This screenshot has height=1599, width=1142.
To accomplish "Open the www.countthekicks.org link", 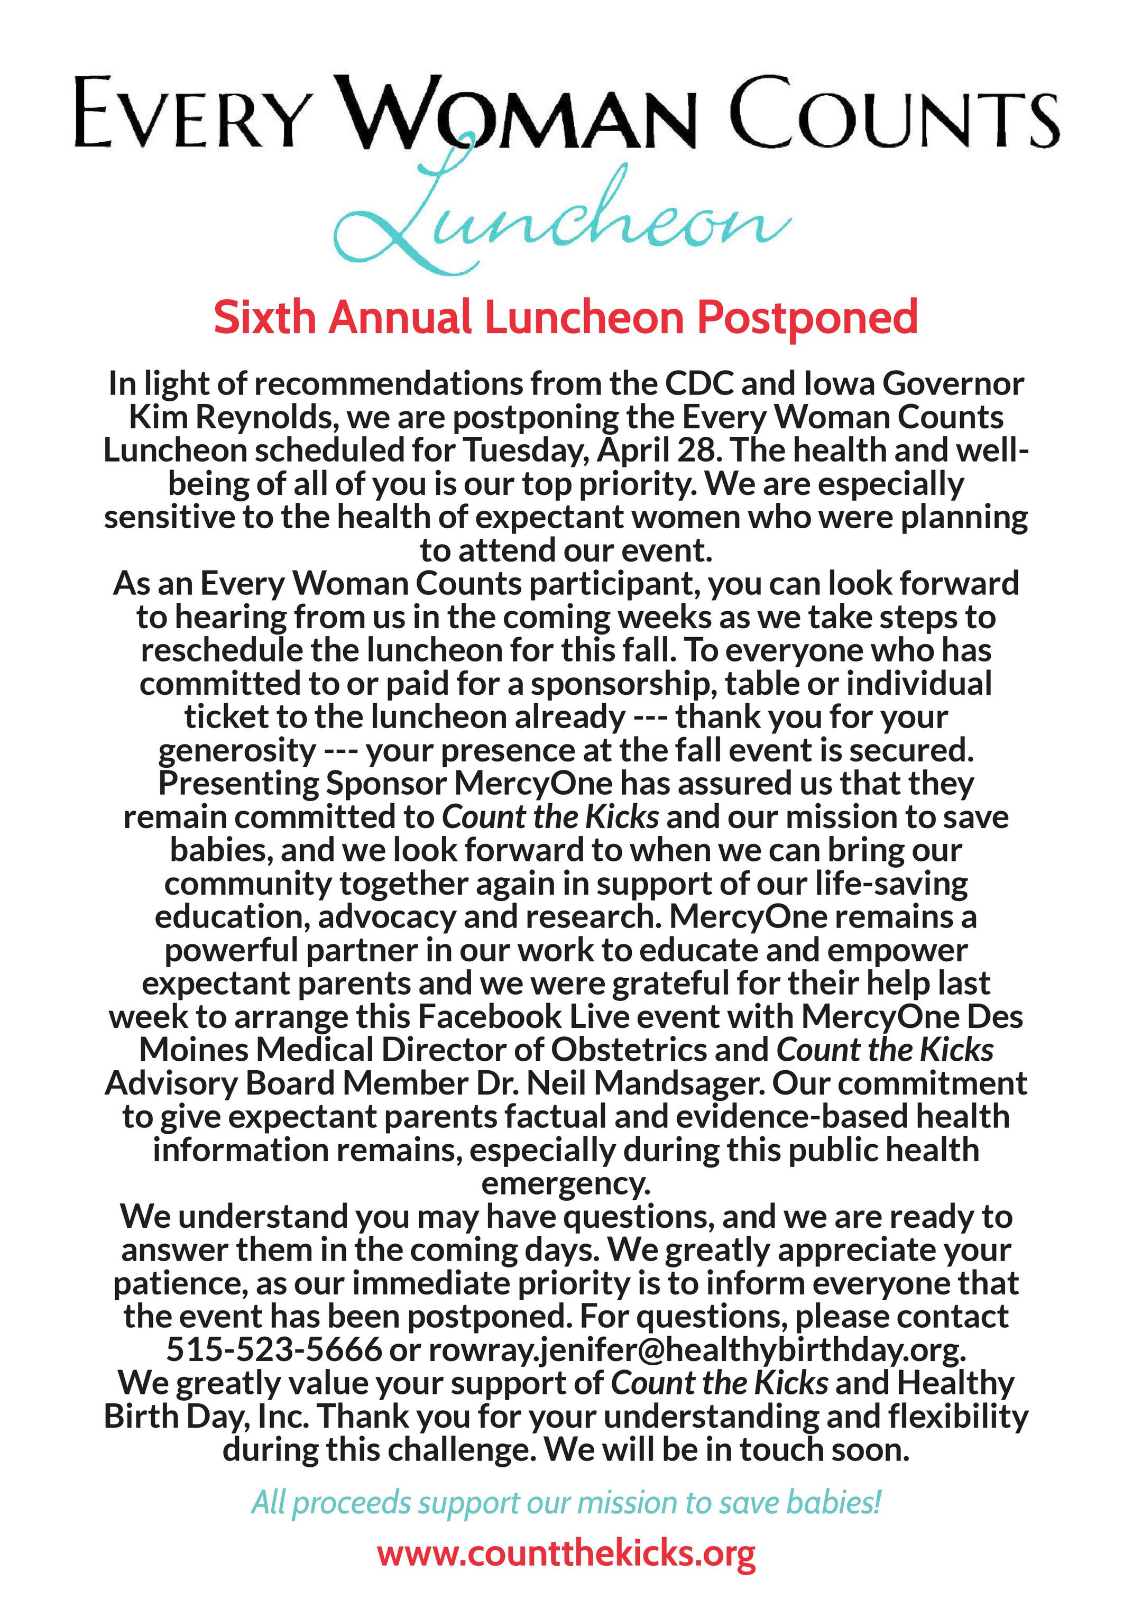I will click(x=566, y=1556).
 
